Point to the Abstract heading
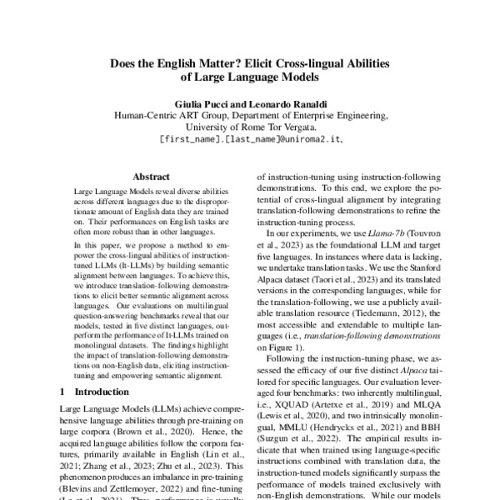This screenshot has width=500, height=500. pos(151,177)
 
